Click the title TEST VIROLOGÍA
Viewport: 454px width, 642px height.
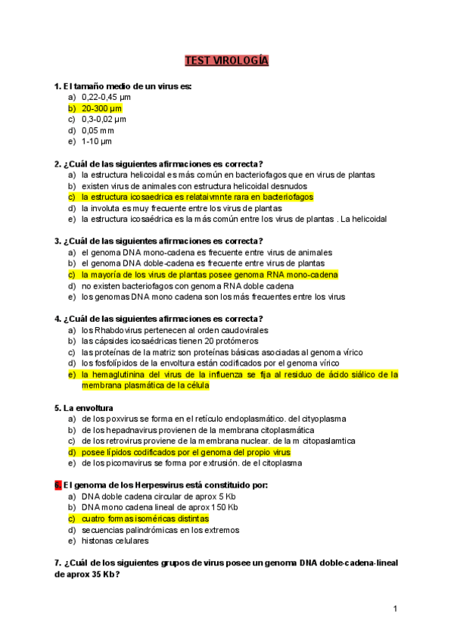click(227, 61)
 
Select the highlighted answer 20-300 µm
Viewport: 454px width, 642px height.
click(101, 108)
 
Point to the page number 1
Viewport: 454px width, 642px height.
click(395, 609)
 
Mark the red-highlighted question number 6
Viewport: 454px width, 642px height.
click(58, 485)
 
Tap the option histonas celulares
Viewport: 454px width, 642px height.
click(116, 541)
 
